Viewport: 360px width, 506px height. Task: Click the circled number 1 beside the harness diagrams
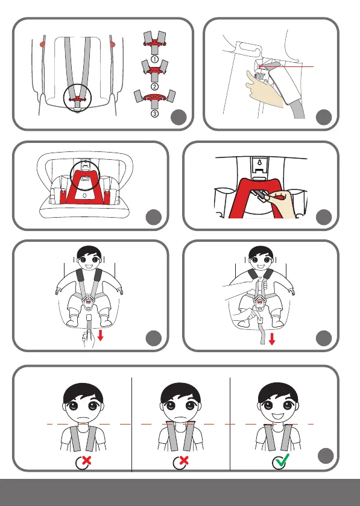(x=154, y=59)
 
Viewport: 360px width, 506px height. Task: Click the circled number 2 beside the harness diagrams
(x=154, y=86)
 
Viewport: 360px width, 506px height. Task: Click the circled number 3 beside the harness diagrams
(x=154, y=113)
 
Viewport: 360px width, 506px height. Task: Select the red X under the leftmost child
(x=86, y=461)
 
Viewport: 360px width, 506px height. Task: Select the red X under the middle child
(x=183, y=461)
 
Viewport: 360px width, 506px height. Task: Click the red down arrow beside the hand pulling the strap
(x=100, y=335)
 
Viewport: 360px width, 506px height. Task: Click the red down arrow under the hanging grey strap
(x=272, y=339)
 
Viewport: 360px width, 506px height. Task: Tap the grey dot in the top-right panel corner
(x=324, y=117)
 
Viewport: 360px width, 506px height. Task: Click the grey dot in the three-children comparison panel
(x=326, y=456)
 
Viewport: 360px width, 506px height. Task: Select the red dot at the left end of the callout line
(x=260, y=66)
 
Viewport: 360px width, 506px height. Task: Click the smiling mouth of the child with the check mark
(x=278, y=416)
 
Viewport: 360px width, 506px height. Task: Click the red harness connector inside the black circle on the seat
(x=77, y=99)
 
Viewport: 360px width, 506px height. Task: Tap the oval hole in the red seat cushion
(x=84, y=195)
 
